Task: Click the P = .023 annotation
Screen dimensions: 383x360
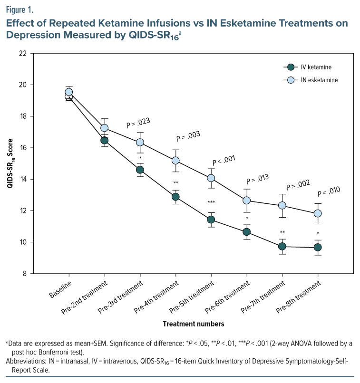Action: (x=138, y=124)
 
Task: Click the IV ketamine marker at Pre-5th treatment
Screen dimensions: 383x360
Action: (x=211, y=220)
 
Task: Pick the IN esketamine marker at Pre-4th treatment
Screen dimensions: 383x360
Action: (x=175, y=161)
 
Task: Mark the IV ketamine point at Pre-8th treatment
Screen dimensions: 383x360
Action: (x=318, y=247)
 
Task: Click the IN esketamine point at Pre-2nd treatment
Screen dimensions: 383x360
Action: (x=104, y=128)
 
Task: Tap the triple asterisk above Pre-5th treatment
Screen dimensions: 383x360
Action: (x=211, y=203)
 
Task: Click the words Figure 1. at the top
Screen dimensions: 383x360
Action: (x=20, y=9)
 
